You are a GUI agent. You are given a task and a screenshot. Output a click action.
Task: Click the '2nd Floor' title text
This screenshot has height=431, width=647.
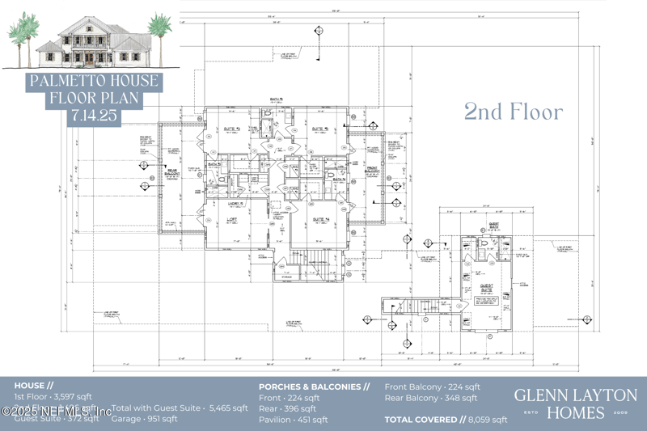[x=514, y=112]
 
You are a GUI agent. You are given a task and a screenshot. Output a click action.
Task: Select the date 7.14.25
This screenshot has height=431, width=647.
[x=95, y=116]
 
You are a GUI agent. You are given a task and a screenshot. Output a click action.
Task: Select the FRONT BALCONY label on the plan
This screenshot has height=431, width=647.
[x=373, y=171]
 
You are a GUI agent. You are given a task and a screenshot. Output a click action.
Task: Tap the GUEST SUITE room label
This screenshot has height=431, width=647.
[x=487, y=286]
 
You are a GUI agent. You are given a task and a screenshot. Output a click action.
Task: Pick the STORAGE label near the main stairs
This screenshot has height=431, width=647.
[x=286, y=277]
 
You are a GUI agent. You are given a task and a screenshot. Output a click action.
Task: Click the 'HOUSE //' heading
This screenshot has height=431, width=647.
[x=32, y=387]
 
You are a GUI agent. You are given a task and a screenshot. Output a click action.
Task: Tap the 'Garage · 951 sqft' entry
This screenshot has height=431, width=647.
[x=146, y=420]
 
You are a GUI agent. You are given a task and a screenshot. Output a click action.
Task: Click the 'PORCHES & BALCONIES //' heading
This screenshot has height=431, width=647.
[x=314, y=387]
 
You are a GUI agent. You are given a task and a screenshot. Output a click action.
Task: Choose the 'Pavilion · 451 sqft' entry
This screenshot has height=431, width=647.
[x=293, y=420]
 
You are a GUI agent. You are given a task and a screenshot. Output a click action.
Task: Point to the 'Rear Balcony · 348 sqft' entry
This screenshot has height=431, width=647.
[x=431, y=398]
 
